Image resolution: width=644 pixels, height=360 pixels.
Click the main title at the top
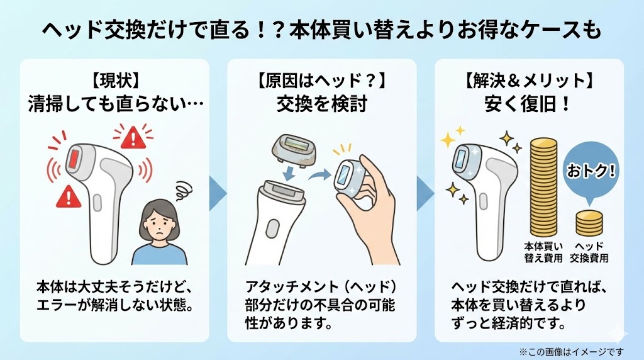322,30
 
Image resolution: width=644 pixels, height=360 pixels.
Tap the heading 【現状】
115,81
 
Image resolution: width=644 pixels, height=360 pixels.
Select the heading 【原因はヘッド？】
322,81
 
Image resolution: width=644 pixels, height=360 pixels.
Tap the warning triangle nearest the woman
133,135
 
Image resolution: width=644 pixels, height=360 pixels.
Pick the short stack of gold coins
589,222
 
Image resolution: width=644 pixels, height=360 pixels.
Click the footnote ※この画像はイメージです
572,351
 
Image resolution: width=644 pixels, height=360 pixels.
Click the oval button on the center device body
272,227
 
